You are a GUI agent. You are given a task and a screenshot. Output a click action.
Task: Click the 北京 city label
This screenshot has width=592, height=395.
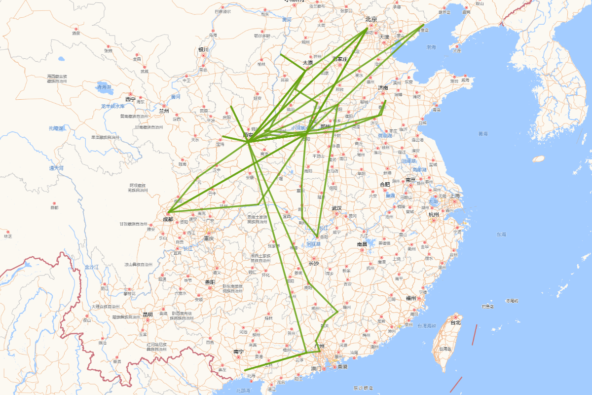coord(371,20)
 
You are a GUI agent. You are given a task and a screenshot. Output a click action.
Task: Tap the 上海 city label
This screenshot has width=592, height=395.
coord(454,195)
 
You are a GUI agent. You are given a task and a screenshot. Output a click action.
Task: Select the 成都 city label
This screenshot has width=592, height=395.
coord(168,220)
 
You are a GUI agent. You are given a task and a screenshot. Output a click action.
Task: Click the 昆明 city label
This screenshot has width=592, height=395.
coord(147,315)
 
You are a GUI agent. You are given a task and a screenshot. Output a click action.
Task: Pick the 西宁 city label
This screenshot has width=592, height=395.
coord(130,99)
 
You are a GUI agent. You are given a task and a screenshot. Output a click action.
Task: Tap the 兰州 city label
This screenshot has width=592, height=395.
coord(164,111)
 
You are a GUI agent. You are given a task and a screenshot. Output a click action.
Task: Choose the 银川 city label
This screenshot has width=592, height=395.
coord(203,50)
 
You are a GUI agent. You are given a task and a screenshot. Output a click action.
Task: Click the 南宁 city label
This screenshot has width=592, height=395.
coord(238,352)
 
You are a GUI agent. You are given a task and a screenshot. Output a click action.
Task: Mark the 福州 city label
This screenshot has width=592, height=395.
coord(410,298)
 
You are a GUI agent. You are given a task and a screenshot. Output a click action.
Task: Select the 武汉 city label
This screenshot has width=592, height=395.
coord(337,208)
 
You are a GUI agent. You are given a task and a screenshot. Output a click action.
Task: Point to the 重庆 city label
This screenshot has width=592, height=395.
coord(209,238)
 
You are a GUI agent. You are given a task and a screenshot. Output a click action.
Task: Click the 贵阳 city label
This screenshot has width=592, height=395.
coord(210,282)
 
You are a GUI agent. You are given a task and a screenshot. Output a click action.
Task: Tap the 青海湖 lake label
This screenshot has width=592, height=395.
coord(104,87)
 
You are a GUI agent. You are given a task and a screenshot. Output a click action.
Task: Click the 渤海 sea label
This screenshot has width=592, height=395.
coord(431,47)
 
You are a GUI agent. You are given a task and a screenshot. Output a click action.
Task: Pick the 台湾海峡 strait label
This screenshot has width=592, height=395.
coord(427,326)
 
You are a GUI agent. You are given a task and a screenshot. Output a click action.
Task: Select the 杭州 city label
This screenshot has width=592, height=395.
coord(434,214)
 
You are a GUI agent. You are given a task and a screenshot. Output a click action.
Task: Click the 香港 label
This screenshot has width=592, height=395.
coord(341,367)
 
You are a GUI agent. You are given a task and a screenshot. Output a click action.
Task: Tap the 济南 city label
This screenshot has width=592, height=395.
coord(383,88)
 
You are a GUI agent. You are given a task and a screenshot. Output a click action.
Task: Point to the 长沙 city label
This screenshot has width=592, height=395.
coord(314,264)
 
